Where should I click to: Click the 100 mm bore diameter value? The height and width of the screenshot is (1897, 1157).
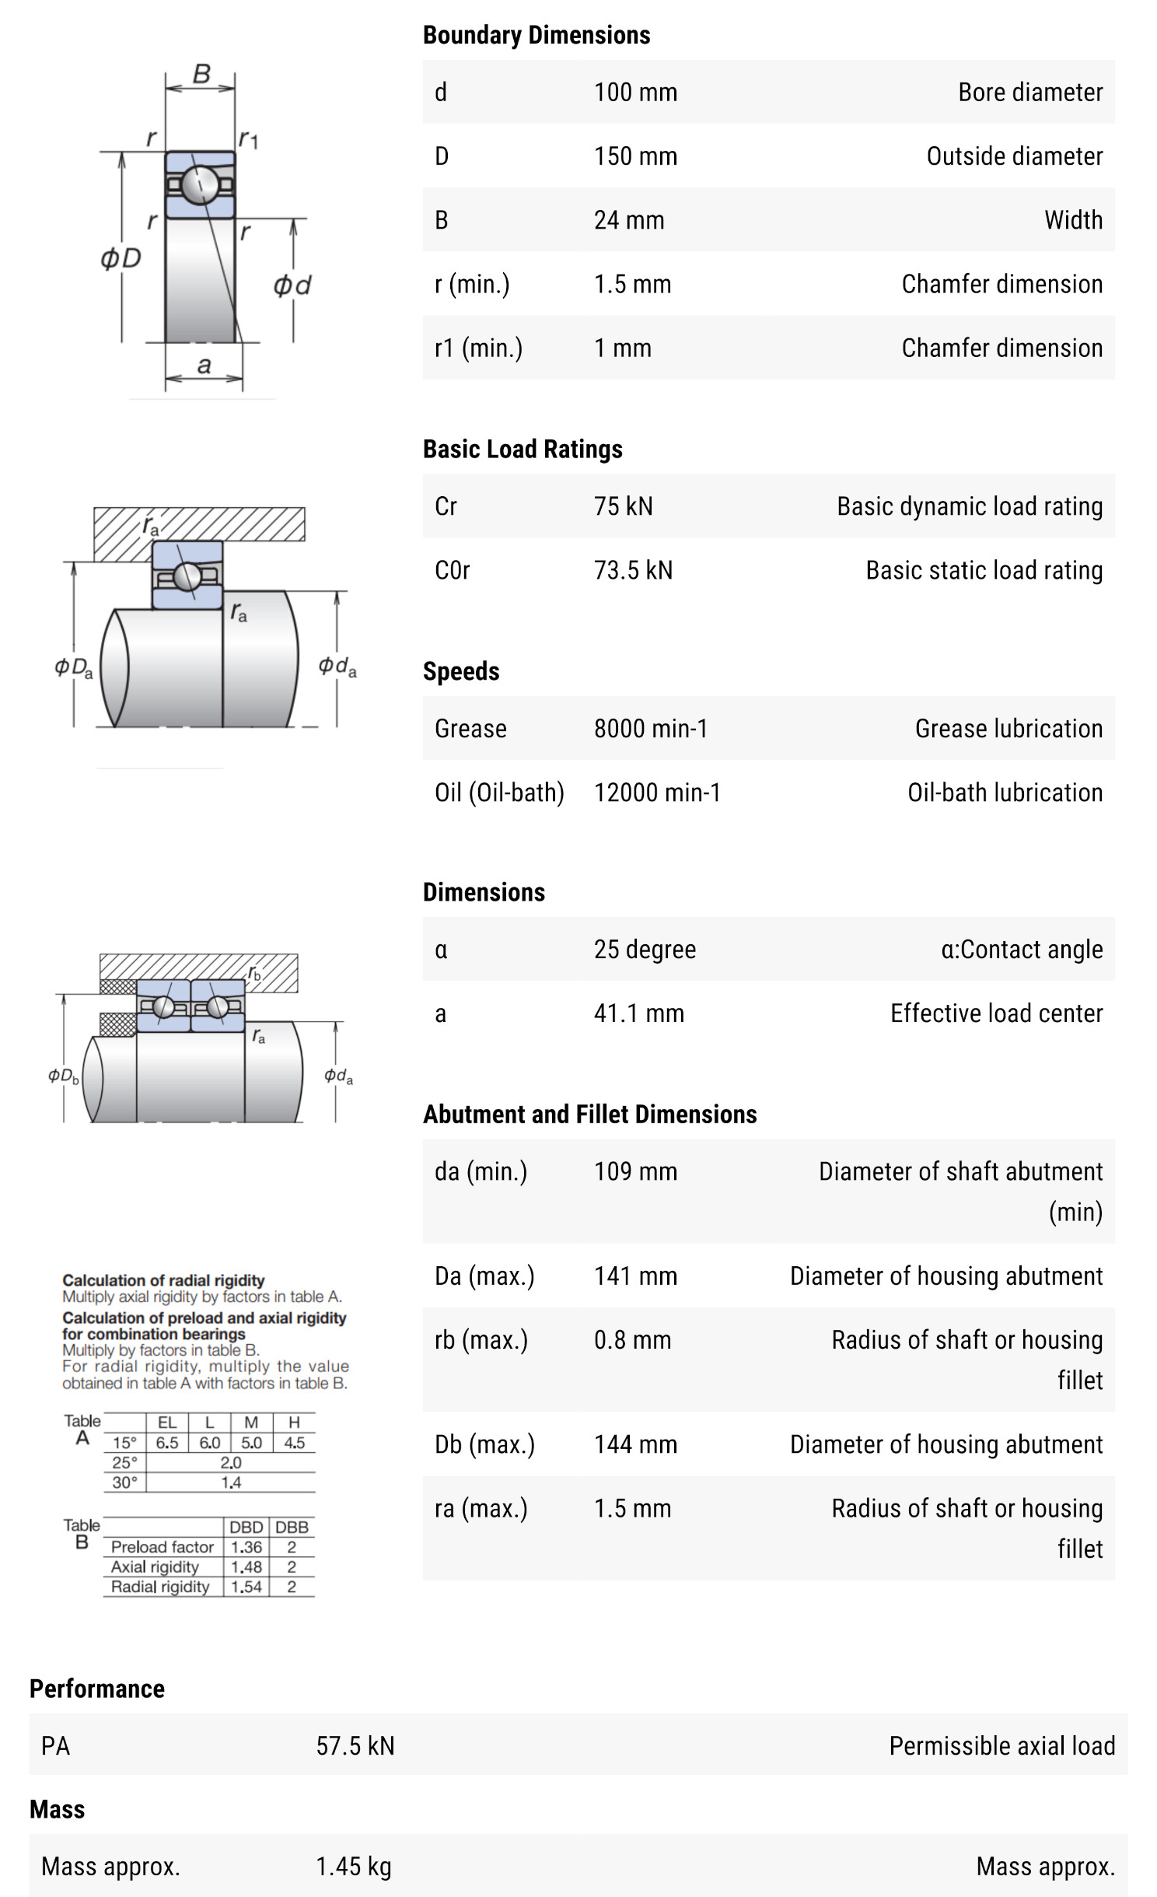click(x=635, y=93)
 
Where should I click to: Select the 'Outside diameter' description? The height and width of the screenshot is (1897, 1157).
click(x=1014, y=156)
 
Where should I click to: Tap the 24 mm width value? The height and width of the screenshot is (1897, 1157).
click(x=628, y=220)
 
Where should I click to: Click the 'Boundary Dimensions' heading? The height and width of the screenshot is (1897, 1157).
click(x=536, y=35)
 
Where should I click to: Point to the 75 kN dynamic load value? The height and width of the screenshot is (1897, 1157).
click(x=623, y=506)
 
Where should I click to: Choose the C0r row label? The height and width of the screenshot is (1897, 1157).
click(x=452, y=570)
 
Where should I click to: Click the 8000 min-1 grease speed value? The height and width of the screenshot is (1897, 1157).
click(x=650, y=729)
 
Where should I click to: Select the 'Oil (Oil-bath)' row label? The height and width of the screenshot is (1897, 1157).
click(x=498, y=793)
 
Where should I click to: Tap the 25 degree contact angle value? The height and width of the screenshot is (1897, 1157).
click(x=645, y=950)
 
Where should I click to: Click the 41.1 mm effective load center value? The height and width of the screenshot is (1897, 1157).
click(x=638, y=1013)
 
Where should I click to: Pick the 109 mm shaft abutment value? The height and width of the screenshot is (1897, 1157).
click(x=635, y=1171)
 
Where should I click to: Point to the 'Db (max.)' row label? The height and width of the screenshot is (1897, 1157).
click(x=484, y=1444)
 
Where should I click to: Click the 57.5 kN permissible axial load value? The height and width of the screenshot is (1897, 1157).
click(x=355, y=1746)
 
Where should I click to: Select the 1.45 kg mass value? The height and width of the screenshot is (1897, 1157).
click(x=353, y=1866)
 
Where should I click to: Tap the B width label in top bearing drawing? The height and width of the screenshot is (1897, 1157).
click(x=201, y=74)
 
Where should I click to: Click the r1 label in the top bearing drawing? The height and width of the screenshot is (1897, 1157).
click(x=248, y=139)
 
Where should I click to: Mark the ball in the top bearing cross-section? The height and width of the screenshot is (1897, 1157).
click(x=200, y=184)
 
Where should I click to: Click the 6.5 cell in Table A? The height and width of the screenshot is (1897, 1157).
click(x=166, y=1443)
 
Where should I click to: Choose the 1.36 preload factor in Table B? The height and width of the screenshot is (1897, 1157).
click(x=246, y=1547)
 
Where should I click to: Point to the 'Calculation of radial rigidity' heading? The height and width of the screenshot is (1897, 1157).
click(x=163, y=1280)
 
